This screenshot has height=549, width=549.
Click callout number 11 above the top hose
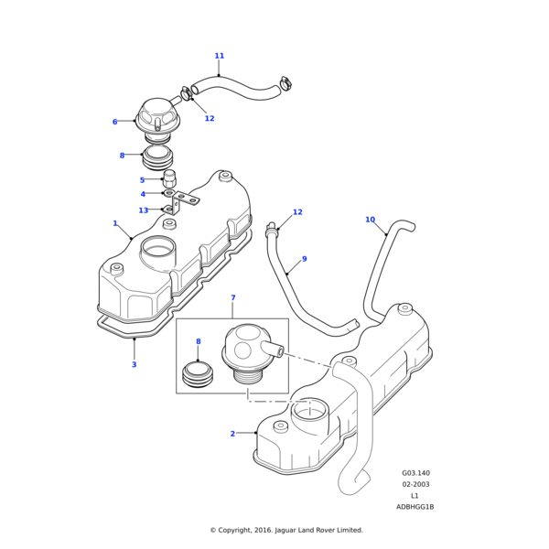click(x=219, y=56)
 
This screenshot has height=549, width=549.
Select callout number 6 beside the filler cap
click(x=140, y=122)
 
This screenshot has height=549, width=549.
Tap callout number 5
click(x=167, y=180)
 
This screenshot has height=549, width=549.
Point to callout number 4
click(x=167, y=194)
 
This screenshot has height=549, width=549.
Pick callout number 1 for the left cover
click(x=114, y=223)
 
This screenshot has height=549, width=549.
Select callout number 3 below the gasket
click(x=134, y=364)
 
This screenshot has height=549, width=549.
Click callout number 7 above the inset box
click(x=232, y=297)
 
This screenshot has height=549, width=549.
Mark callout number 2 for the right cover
click(x=232, y=434)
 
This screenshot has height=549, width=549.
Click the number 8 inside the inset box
click(x=198, y=341)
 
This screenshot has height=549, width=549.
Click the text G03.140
click(x=414, y=474)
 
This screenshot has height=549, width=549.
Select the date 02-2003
click(x=414, y=485)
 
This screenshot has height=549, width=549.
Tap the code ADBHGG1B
click(x=414, y=507)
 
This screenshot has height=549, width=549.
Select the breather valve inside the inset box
click(x=245, y=352)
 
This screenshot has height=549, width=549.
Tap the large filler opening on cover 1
click(x=157, y=246)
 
